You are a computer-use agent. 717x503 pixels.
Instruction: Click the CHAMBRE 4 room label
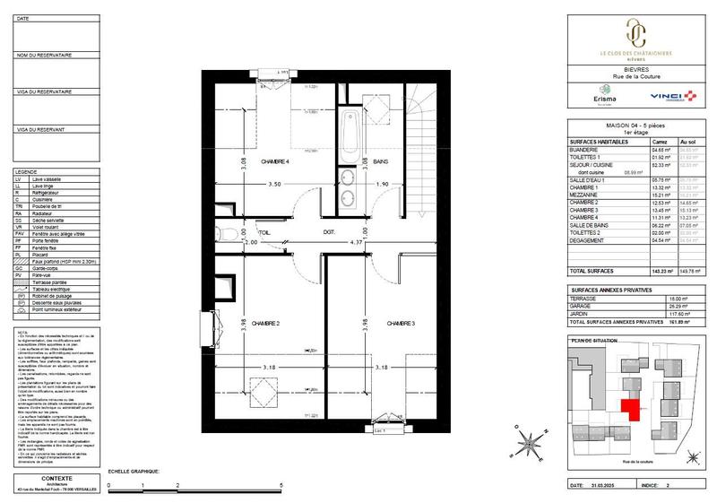point(274,161)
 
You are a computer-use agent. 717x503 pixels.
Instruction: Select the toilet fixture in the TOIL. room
point(229,236)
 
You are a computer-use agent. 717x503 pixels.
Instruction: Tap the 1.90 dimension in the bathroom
point(384,184)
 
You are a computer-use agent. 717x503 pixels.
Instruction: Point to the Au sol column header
point(688,142)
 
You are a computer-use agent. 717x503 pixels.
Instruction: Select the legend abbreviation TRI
point(20,206)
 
